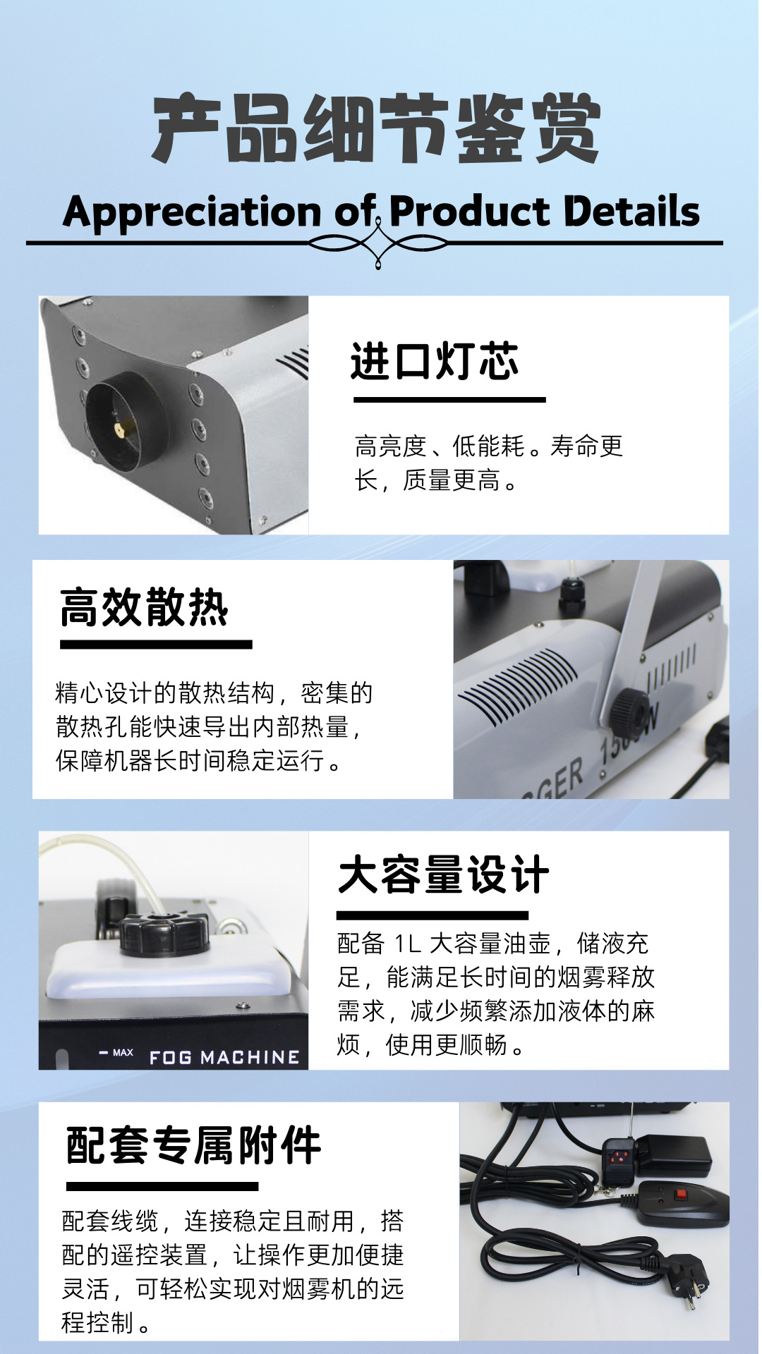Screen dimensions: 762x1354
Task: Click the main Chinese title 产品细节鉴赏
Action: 377,129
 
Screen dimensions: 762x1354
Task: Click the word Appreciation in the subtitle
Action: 193,212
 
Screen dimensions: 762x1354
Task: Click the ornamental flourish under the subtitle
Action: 378,244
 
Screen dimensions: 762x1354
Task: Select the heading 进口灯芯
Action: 435,362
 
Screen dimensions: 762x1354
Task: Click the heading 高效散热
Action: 144,607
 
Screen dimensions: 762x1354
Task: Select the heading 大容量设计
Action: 444,875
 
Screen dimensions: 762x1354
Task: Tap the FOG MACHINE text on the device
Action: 224,1057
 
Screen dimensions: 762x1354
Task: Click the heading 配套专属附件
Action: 193,1146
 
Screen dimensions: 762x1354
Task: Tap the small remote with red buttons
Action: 619,1160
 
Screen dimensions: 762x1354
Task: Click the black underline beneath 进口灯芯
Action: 449,400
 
